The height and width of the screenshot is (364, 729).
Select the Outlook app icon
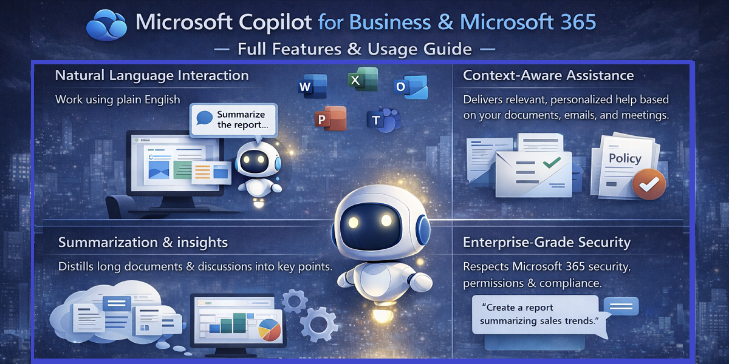coord(410,87)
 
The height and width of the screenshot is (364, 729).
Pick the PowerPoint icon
coord(330,120)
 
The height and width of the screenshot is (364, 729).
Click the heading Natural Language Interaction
coord(152,76)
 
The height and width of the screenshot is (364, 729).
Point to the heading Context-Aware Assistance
coord(548,76)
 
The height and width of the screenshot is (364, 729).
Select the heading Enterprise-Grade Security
coord(547,243)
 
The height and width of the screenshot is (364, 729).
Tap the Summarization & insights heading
coord(143,243)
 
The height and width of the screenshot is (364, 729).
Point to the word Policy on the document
coord(625,158)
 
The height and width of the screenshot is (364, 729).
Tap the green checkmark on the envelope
coord(552,163)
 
